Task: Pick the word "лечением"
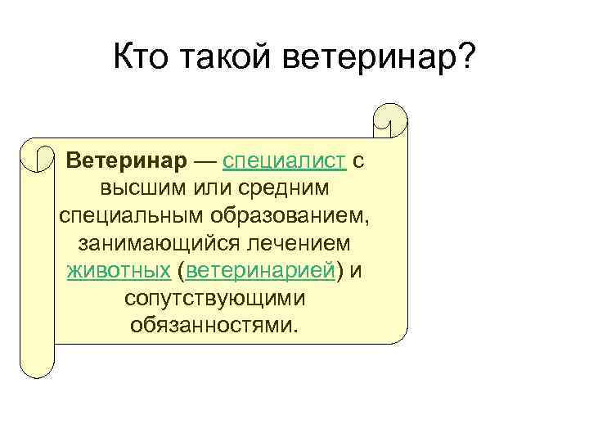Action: (304, 243)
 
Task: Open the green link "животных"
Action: (119, 271)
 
